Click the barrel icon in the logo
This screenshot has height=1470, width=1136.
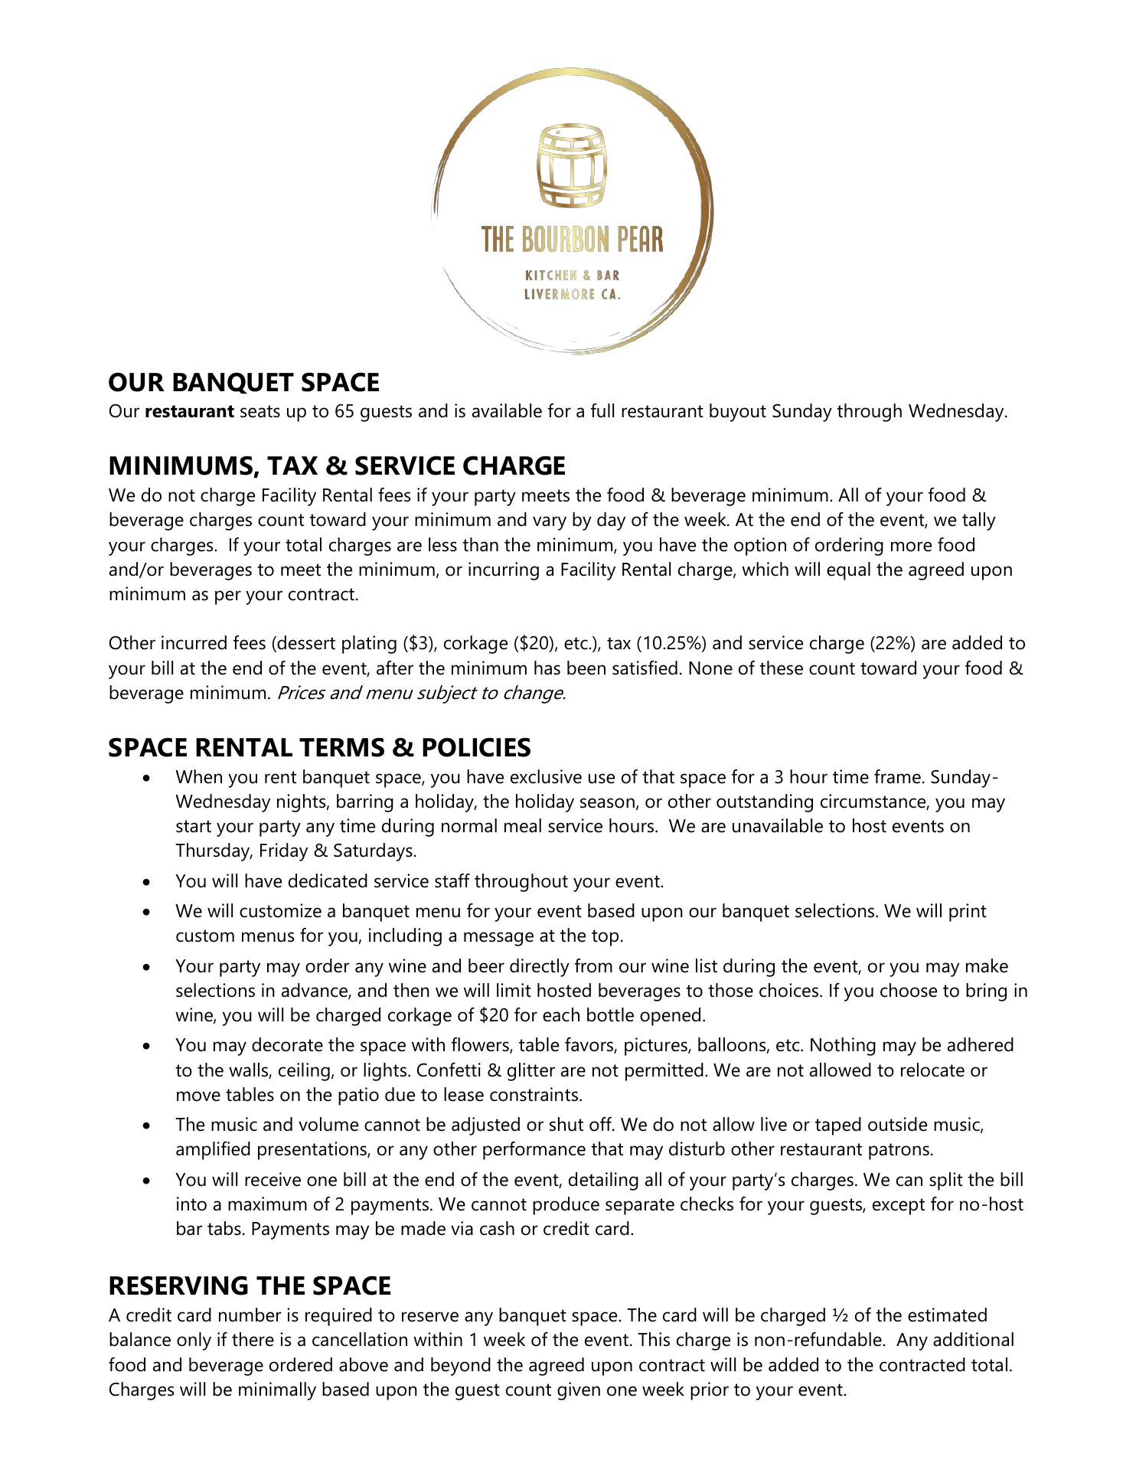click(572, 167)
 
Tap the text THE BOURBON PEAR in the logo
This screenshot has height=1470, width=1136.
click(572, 240)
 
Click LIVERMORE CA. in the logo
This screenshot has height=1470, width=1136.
click(572, 295)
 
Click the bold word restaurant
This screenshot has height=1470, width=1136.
click(189, 412)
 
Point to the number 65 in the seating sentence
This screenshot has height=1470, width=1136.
click(343, 412)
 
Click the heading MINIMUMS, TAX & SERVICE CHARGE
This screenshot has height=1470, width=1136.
click(337, 465)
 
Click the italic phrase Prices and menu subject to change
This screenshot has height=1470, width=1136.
click(421, 694)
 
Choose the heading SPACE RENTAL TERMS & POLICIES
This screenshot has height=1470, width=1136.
click(319, 747)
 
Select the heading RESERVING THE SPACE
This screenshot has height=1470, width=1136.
click(250, 1285)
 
